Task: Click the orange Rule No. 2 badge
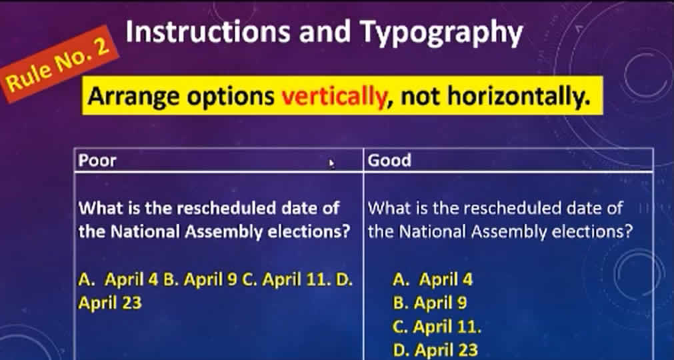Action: pos(61,64)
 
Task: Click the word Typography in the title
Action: pos(441,33)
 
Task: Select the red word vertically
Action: pos(334,97)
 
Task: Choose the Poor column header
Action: pos(97,160)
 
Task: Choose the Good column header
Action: pos(389,160)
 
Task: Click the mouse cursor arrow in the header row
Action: pos(331,163)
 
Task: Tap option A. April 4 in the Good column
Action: pos(433,279)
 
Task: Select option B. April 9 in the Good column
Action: pos(429,303)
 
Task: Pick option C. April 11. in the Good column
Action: pos(437,327)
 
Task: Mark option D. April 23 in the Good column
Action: pos(435,349)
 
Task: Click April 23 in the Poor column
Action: pos(110,303)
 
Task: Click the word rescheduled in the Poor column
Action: pos(227,209)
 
